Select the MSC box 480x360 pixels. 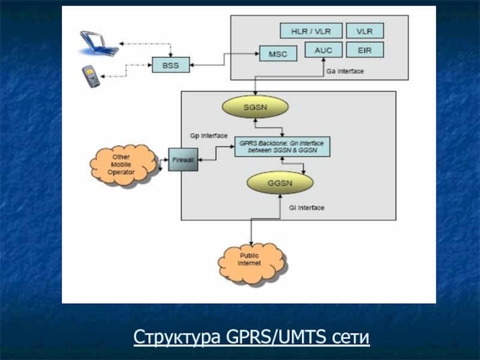coord(278,53)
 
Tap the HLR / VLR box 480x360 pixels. coord(311,31)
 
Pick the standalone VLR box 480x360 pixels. coord(364,31)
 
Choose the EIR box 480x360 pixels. coord(364,50)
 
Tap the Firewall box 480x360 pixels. coord(182,160)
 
